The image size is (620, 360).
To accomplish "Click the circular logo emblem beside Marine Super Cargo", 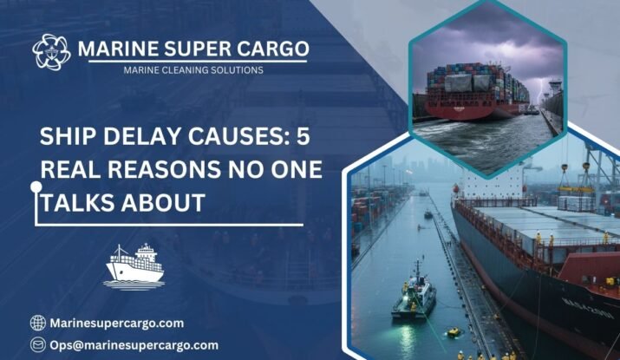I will pos(52,52).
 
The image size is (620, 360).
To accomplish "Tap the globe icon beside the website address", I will pos(37,323).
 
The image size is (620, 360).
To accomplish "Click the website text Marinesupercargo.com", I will pos(117,323).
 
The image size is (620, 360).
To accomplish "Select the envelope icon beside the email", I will pos(37,344).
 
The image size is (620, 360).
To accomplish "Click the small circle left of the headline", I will pos(36,186).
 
